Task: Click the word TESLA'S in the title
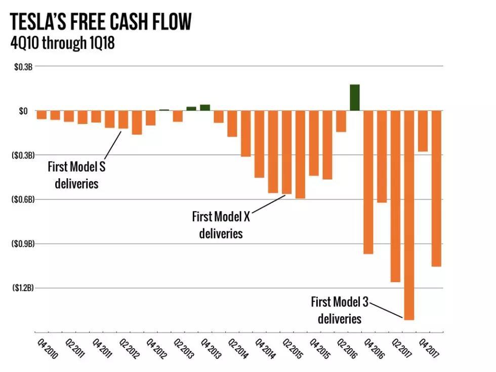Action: [x=44, y=23]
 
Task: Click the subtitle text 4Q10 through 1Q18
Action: [x=63, y=44]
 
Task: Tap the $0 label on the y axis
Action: [x=23, y=111]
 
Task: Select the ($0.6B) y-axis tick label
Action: [x=23, y=199]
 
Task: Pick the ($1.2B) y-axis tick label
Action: [x=23, y=288]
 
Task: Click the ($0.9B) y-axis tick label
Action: [x=23, y=243]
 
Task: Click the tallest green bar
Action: [x=354, y=98]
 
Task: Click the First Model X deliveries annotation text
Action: [x=221, y=225]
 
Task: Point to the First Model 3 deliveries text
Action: [x=340, y=310]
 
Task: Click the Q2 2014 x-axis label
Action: [x=238, y=349]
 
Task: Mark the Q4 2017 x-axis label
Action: [x=429, y=349]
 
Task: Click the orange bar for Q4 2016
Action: [x=368, y=182]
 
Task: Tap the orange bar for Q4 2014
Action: [x=259, y=144]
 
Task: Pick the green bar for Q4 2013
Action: [x=204, y=107]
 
